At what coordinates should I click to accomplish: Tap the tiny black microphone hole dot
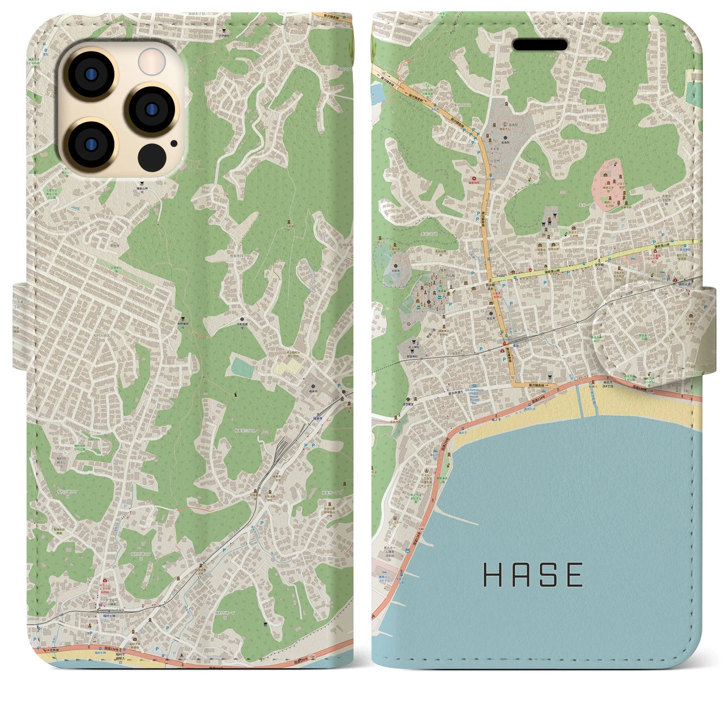173,143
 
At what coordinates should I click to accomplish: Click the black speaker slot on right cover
540,45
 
